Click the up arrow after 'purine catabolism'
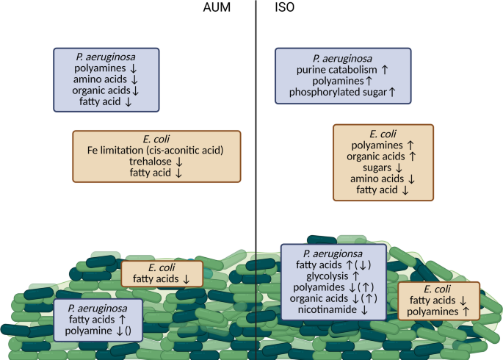[374, 69]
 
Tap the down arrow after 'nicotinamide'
[364, 310]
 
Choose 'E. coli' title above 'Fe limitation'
[156, 138]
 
